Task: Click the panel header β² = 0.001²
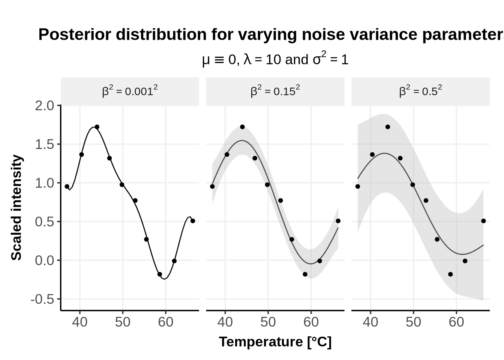click(130, 91)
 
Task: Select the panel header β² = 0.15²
click(275, 91)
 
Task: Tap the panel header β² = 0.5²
click(420, 91)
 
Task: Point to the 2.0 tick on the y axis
click(45, 106)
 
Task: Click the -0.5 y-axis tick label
click(42, 300)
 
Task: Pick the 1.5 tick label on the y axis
click(45, 145)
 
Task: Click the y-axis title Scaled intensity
click(16, 208)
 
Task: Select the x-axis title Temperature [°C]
click(275, 342)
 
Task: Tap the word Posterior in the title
click(75, 34)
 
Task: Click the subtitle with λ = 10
click(275, 59)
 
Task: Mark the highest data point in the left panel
click(97, 127)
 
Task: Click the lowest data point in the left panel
click(160, 274)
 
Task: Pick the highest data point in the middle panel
click(242, 127)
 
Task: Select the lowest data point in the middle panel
click(305, 274)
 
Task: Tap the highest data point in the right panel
click(388, 127)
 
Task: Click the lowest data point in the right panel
click(450, 274)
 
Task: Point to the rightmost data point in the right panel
click(483, 221)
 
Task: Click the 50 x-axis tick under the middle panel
click(268, 322)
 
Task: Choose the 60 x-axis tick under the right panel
click(456, 322)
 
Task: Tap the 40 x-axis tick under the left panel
click(80, 322)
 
